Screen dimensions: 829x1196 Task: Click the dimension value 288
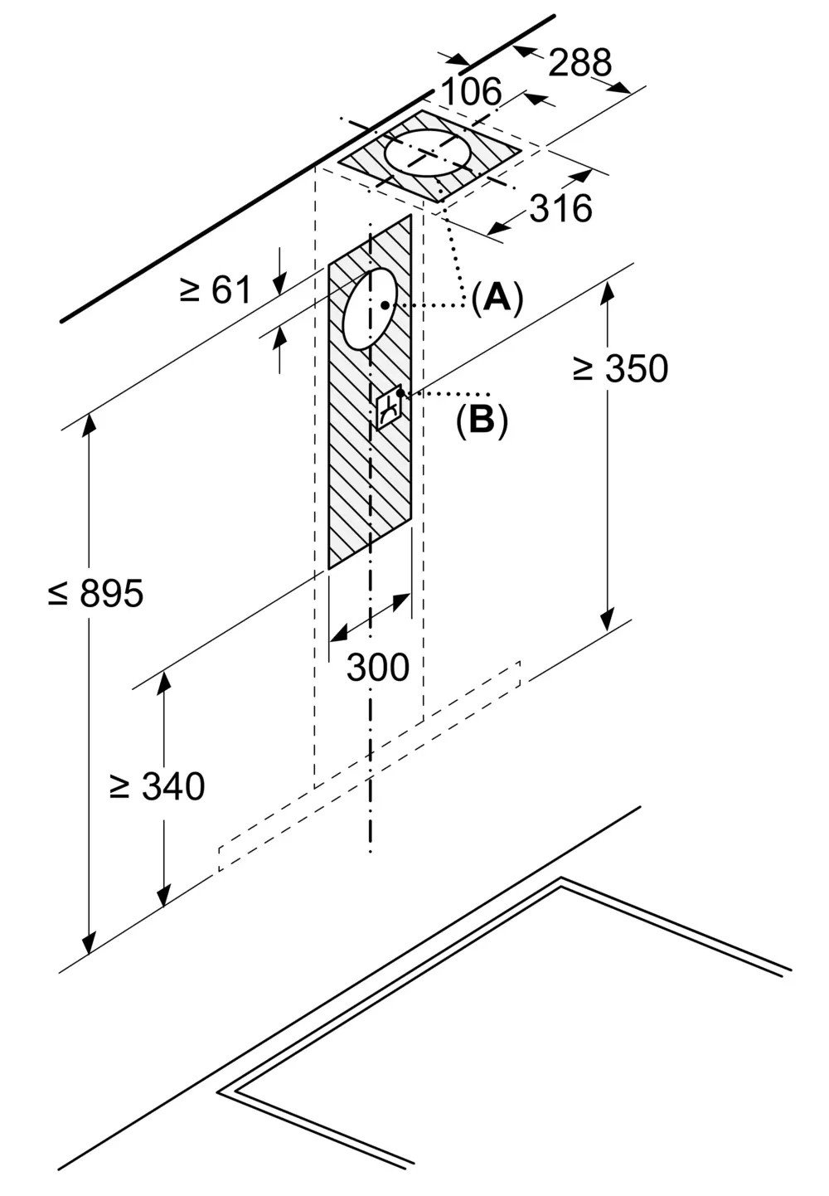point(579,62)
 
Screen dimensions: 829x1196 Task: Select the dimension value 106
point(473,92)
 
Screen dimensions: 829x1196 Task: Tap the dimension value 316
point(561,208)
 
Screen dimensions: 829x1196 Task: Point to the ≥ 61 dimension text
point(216,291)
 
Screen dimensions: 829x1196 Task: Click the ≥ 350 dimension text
point(620,368)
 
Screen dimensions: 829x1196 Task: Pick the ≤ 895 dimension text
point(95,593)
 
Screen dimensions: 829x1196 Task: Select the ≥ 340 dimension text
point(157,786)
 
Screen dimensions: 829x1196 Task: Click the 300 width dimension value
point(378,668)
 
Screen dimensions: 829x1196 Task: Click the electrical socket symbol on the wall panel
point(390,409)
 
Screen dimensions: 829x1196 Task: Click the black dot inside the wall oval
point(385,305)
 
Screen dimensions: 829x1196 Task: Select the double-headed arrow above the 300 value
point(370,617)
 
